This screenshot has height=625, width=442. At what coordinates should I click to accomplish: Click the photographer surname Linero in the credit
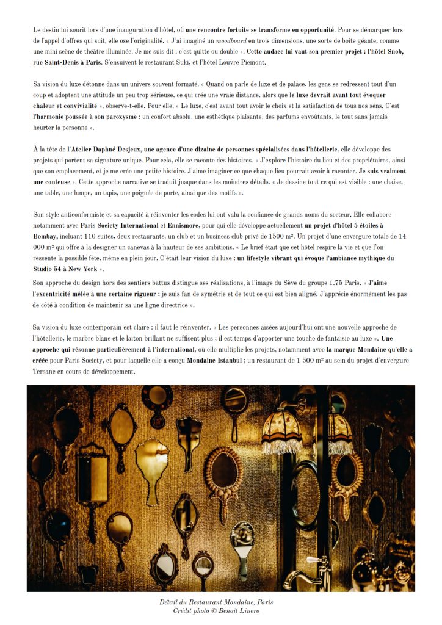coord(248,611)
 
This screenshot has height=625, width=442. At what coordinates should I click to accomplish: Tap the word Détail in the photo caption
coord(170,602)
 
